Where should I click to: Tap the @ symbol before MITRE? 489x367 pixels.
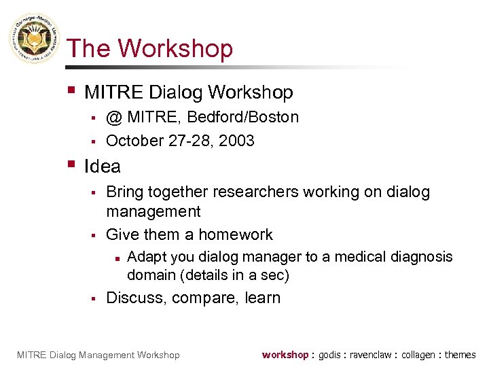pos(114,118)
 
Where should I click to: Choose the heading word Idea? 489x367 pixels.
pos(102,167)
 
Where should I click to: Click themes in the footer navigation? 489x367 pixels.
pos(460,355)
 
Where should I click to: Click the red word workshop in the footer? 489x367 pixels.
pos(285,355)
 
